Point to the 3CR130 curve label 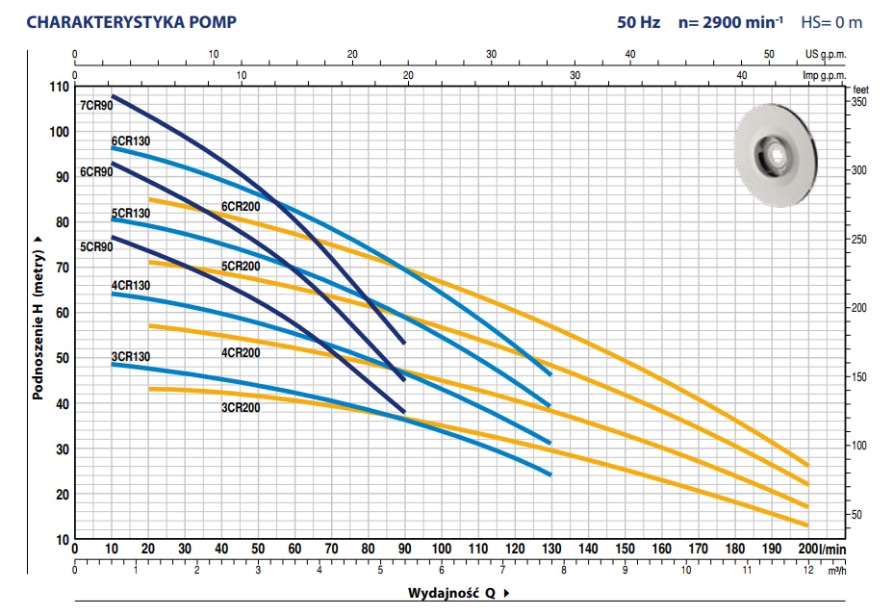click(130, 357)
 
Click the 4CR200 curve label click(241, 352)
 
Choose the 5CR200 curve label click(241, 266)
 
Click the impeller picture click(777, 157)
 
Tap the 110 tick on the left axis click(59, 87)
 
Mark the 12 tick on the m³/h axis click(806, 570)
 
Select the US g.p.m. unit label click(824, 54)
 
